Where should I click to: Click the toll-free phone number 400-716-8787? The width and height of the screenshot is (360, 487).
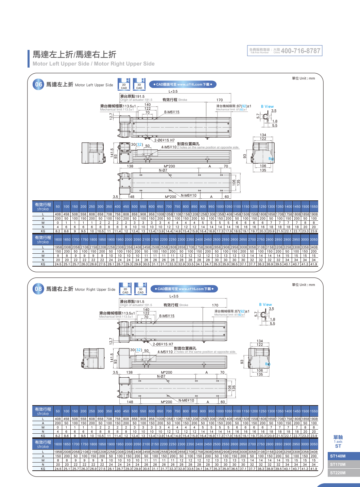point(301,51)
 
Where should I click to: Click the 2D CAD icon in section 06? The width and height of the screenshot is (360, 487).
point(124,85)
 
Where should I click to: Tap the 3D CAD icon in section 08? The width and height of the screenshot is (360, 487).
point(140,289)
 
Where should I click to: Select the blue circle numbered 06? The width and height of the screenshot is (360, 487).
point(39,85)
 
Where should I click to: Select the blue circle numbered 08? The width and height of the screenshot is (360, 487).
point(38,289)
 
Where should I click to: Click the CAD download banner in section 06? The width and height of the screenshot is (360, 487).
point(183,85)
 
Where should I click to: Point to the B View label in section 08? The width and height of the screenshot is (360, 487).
point(265,305)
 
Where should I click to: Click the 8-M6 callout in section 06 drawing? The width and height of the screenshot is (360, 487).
point(172,112)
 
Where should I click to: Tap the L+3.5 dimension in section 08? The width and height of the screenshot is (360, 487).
point(174,296)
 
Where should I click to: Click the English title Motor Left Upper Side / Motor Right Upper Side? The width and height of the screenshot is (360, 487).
point(93,64)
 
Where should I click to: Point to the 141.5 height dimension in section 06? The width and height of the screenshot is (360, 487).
point(112,153)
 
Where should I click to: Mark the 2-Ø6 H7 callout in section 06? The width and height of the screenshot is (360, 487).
point(164,140)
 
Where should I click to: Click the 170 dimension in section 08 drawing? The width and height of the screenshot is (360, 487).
point(215,305)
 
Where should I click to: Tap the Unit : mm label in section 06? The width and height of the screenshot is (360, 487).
point(303,78)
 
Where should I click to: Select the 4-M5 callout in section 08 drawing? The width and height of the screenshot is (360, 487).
point(165,352)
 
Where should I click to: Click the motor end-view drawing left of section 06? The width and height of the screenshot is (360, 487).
point(92,153)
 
